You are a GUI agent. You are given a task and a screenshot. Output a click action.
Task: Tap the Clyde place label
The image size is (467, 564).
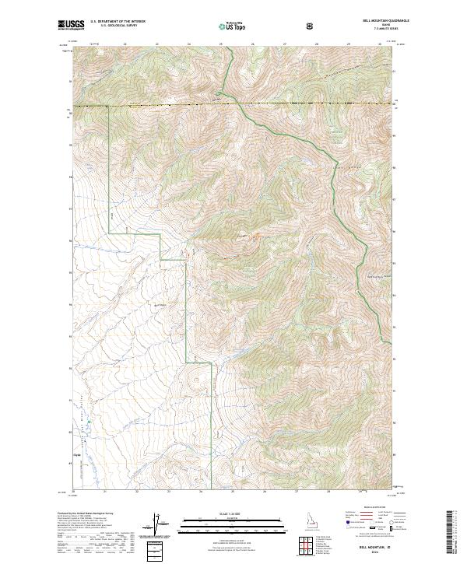(76, 456)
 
